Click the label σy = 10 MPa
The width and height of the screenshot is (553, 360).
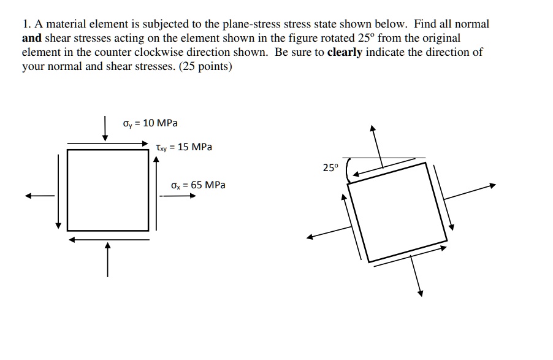tap(150, 123)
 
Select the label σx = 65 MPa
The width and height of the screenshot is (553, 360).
tap(198, 185)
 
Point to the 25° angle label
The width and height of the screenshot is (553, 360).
tap(330, 167)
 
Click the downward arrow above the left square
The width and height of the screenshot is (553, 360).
tap(105, 128)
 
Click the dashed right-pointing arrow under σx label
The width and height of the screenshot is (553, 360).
tap(178, 196)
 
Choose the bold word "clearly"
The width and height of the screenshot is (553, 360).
tap(345, 52)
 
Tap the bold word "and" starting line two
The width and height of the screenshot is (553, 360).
tap(31, 38)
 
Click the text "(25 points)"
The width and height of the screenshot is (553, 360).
tap(206, 66)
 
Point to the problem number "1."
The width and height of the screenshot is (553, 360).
tap(26, 25)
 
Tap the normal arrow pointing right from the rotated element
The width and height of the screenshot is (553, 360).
tap(469, 191)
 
